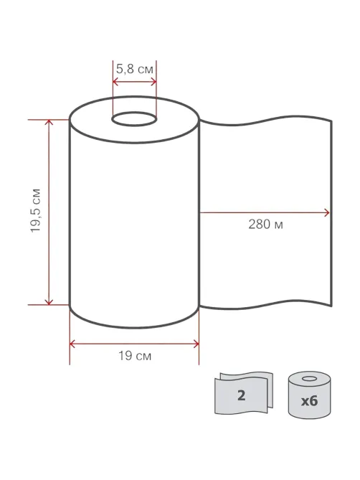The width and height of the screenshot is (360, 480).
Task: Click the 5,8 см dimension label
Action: pos(134,69)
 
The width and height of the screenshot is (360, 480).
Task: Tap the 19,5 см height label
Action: pos(36,211)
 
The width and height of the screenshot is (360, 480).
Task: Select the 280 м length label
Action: pos(265,225)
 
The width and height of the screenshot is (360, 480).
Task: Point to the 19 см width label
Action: pos(135,356)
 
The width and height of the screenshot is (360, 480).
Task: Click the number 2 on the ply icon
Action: pos(241,395)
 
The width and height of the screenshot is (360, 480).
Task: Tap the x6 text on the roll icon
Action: pos(309,400)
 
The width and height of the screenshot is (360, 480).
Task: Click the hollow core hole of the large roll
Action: pos(134,119)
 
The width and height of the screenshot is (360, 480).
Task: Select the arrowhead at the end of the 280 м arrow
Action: pos(327,213)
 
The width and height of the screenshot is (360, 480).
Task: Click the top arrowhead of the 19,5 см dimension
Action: pos(49,122)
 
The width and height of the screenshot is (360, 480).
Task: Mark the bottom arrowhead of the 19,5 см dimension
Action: pos(49,302)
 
